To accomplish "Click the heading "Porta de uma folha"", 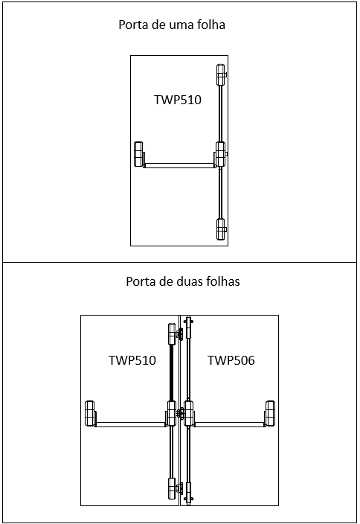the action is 172,25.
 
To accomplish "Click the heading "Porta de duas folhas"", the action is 183,281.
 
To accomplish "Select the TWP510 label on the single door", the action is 178,100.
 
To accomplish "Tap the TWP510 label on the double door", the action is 132,360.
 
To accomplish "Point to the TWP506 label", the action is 231,360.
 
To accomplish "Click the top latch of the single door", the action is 221,75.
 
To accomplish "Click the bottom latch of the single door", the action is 221,229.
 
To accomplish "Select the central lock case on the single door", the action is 221,154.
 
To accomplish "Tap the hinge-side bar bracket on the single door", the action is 138,154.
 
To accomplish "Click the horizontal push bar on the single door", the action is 179,165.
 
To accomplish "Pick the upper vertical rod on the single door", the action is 220,114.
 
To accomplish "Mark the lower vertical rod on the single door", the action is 220,193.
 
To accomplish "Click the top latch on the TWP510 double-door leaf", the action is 173,333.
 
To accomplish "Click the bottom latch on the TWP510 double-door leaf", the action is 173,488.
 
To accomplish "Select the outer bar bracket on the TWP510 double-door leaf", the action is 90,413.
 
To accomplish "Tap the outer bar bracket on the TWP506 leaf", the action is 270,413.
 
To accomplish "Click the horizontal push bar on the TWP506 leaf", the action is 229,424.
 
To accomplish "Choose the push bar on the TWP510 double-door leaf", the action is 131,424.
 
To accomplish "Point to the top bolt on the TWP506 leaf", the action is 189,327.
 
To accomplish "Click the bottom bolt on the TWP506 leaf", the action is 189,493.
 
